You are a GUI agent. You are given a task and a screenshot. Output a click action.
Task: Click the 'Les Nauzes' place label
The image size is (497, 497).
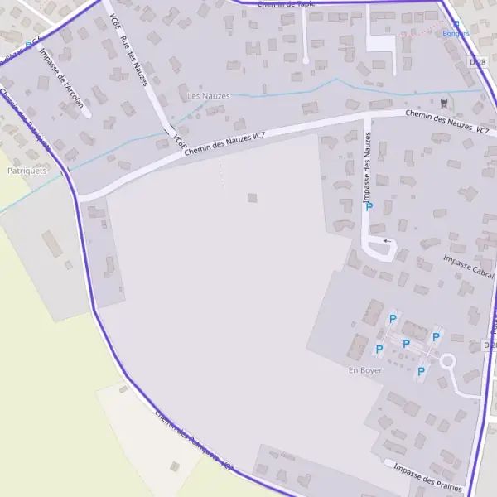tap(207, 96)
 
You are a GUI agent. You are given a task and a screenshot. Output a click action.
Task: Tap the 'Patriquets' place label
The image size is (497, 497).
tap(26, 171)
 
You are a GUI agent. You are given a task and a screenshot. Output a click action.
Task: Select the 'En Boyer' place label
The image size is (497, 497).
tap(365, 370)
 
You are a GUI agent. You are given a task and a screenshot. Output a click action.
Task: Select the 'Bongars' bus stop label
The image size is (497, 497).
tap(456, 34)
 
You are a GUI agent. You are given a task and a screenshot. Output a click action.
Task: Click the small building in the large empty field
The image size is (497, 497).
tap(252, 198)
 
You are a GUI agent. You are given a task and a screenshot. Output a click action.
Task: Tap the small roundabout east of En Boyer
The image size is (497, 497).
tap(448, 361)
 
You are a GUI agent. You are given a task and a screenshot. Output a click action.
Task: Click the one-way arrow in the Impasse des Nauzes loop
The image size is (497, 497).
tap(386, 240)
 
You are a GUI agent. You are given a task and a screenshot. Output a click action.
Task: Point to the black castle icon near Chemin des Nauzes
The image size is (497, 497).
tap(446, 103)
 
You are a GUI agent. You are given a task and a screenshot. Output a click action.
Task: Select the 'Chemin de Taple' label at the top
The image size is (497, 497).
tap(287, 4)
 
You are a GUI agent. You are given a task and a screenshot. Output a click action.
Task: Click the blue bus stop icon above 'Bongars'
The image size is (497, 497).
tap(456, 25)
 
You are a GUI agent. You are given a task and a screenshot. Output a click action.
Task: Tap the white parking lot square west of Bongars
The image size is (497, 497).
tap(381, 42)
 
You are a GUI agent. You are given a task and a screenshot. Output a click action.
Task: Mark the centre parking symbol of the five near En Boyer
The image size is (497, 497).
tap(406, 344)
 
